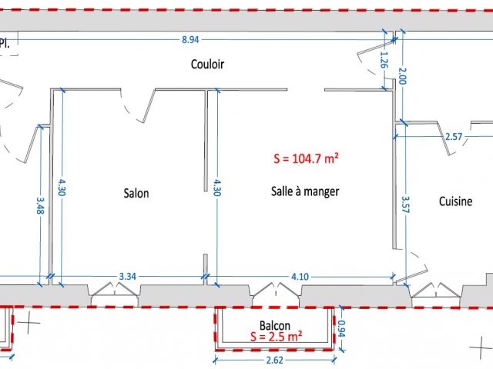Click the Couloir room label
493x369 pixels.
point(207,64)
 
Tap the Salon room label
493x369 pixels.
point(136,193)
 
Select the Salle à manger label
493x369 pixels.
point(305,191)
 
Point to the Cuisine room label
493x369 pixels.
point(455,201)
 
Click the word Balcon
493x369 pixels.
point(275,325)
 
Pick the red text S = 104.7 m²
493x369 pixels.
point(306,158)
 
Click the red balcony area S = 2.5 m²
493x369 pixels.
point(277,337)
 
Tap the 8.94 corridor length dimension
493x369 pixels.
point(190,40)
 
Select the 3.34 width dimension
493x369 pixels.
point(128,277)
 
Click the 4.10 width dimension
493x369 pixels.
point(300,277)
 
